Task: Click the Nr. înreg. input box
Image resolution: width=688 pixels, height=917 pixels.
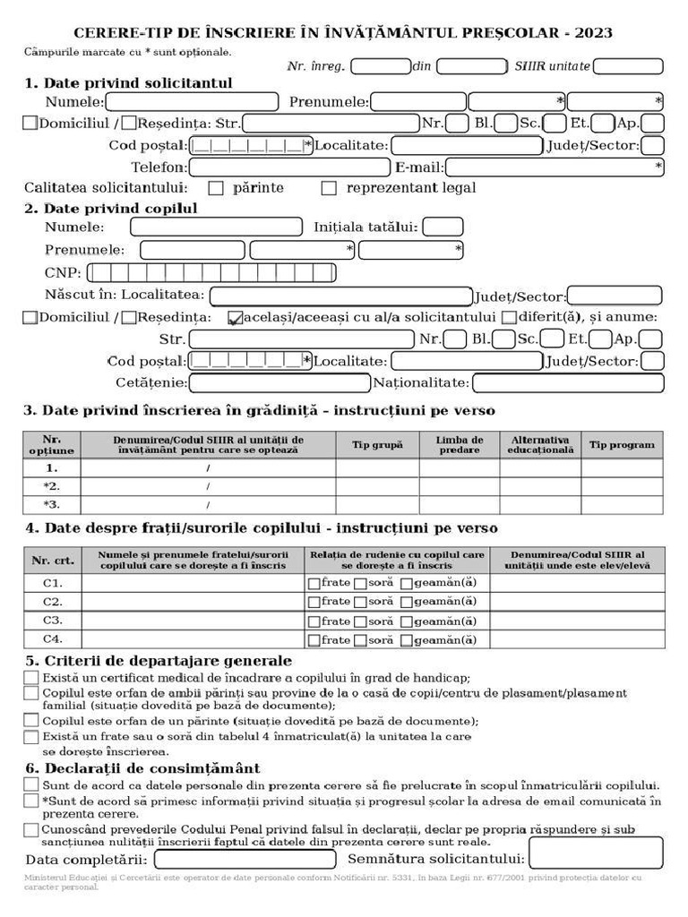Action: click(381, 66)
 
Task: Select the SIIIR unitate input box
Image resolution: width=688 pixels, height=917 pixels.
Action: click(628, 66)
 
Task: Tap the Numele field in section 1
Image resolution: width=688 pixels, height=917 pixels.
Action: click(192, 102)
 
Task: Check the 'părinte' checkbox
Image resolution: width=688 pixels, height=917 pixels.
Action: click(216, 188)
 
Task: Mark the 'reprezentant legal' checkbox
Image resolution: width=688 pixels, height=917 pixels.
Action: click(329, 188)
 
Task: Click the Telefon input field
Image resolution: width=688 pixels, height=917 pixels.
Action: click(289, 167)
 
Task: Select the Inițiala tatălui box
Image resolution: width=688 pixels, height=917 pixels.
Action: click(443, 227)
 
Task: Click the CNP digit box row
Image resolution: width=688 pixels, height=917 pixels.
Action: click(211, 273)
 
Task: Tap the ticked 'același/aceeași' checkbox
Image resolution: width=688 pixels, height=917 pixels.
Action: click(236, 318)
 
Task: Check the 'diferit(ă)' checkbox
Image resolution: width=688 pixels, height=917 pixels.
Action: click(509, 317)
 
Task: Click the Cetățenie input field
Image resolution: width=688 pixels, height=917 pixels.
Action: click(279, 383)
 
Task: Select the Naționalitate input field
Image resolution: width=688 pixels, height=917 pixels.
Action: click(568, 383)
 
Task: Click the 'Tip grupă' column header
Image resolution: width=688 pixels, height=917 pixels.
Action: click(377, 445)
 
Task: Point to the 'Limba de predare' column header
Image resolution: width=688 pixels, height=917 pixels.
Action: click(460, 445)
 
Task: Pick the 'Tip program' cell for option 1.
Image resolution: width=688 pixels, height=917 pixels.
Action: click(622, 467)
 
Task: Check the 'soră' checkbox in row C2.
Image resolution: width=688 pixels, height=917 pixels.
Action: click(360, 603)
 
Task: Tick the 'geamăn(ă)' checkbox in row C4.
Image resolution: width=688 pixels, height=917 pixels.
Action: click(407, 641)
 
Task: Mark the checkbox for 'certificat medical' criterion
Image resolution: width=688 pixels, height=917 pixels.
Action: click(31, 678)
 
